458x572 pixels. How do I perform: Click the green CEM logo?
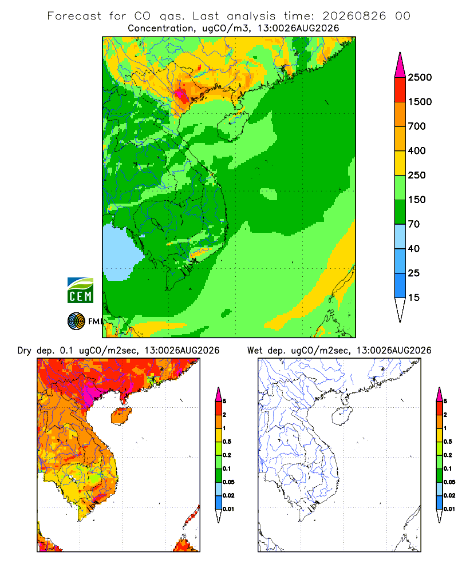(x=80, y=291)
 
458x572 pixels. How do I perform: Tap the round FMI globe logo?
(x=76, y=321)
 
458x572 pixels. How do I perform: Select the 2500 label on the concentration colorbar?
(x=420, y=77)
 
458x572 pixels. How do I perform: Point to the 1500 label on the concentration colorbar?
(x=420, y=102)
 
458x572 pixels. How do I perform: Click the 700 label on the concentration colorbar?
(x=417, y=126)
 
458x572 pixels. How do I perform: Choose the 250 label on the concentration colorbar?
(x=417, y=175)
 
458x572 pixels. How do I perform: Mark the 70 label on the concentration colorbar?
(x=414, y=224)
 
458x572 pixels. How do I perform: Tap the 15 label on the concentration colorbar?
(x=414, y=297)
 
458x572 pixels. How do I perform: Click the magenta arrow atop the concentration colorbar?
(x=400, y=66)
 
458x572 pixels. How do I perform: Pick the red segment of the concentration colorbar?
(x=400, y=90)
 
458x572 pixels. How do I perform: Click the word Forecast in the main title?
(x=74, y=16)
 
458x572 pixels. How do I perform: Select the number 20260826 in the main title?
(x=354, y=16)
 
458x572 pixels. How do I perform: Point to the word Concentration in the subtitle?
(x=161, y=29)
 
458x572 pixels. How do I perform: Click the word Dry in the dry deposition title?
(x=24, y=351)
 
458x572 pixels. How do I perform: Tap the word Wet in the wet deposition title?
(x=255, y=351)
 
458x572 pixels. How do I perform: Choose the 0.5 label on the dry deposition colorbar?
(x=227, y=442)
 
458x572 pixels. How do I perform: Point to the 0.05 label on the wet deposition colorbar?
(x=449, y=482)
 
